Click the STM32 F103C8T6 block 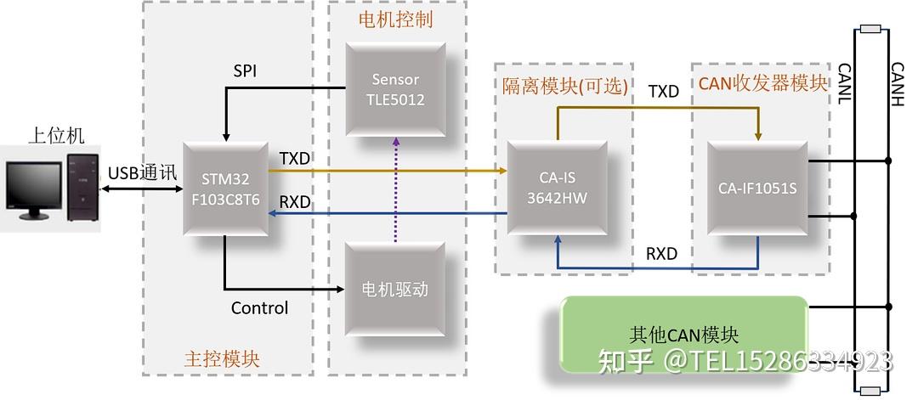point(225,189)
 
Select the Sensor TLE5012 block point(395,89)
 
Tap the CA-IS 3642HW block point(557,189)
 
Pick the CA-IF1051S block point(756,189)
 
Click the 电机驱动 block point(395,290)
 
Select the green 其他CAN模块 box point(683,335)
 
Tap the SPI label point(245,70)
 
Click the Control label point(259,307)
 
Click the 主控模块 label point(222,358)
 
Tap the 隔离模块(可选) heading point(565,85)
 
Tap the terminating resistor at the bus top point(870,30)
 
